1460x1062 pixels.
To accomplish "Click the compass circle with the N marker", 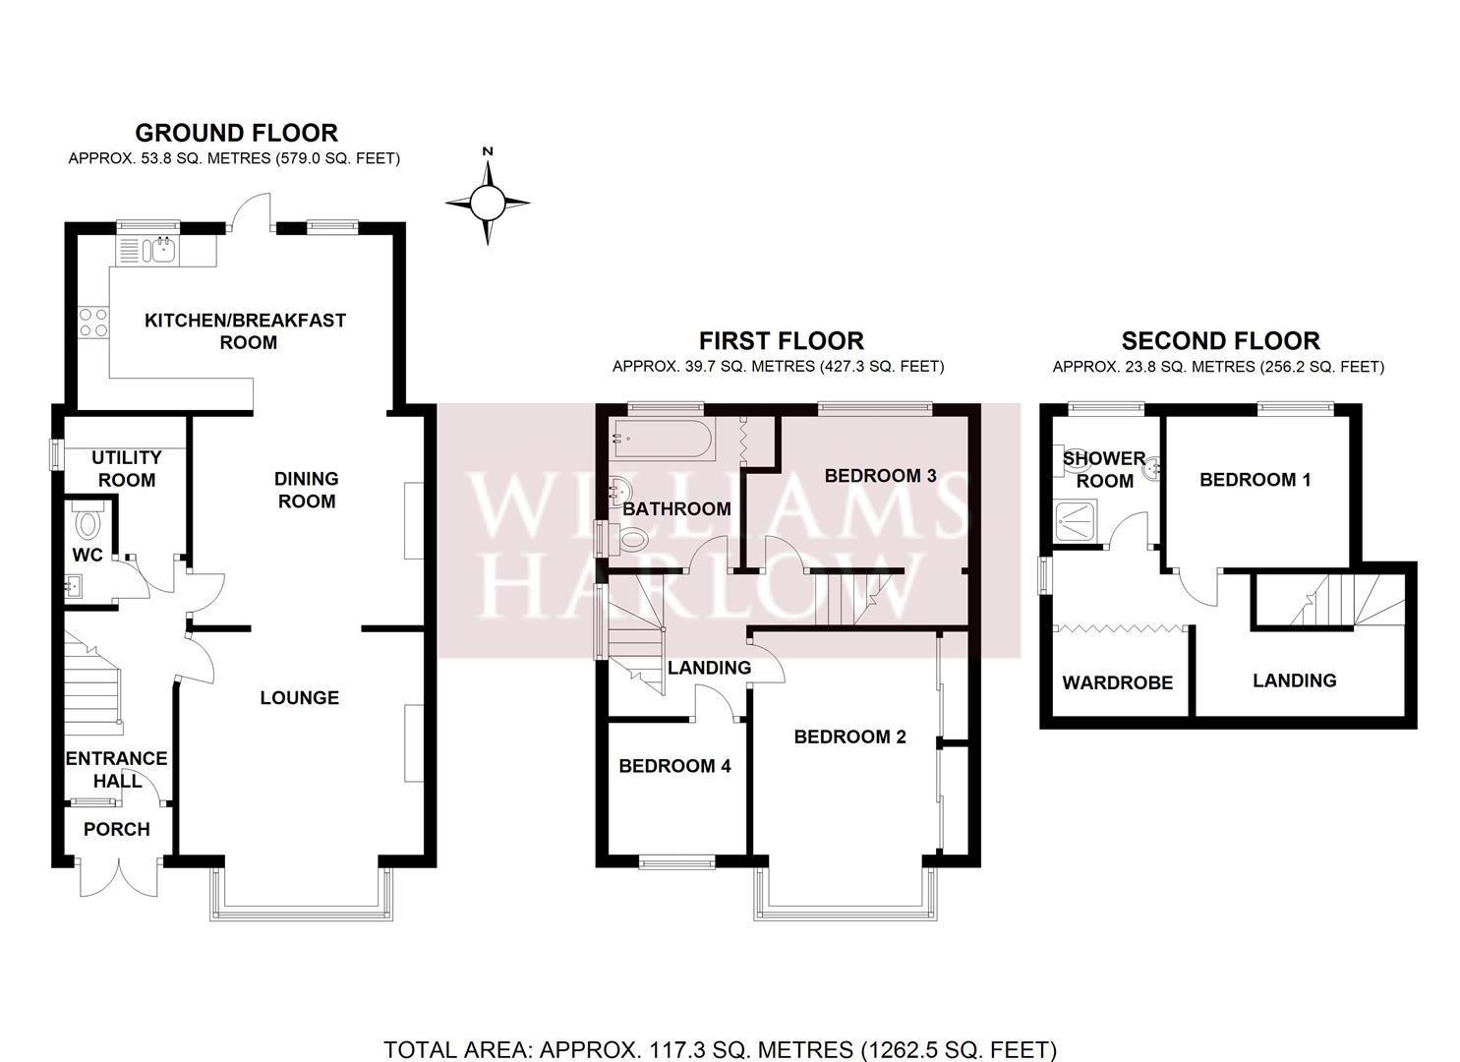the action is pos(488,203).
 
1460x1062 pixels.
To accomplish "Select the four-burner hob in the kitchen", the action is pos(93,323).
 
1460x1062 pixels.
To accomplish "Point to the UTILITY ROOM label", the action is pos(127,469).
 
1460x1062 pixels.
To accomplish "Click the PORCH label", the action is pos(117,829).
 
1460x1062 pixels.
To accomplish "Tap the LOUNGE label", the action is pos(300,697).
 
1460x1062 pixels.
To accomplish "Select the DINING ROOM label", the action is pos(307,490).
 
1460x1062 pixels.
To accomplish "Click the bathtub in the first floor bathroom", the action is pos(662,439).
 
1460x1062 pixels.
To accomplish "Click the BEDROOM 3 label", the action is pos(881,476).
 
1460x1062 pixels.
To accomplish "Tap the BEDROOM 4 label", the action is pos(674,766).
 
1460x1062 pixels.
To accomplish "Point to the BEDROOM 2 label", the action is pos(849,737).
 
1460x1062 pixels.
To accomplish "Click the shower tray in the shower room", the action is pos(1077,521).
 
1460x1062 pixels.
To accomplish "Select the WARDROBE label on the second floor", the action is pos(1118,682).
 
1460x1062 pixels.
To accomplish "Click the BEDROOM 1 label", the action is pos(1255,480).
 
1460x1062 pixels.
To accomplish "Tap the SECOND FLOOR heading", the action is pos(1220,341).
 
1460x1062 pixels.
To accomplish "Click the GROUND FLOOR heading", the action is pos(237,133).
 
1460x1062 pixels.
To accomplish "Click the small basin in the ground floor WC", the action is pos(73,586).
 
